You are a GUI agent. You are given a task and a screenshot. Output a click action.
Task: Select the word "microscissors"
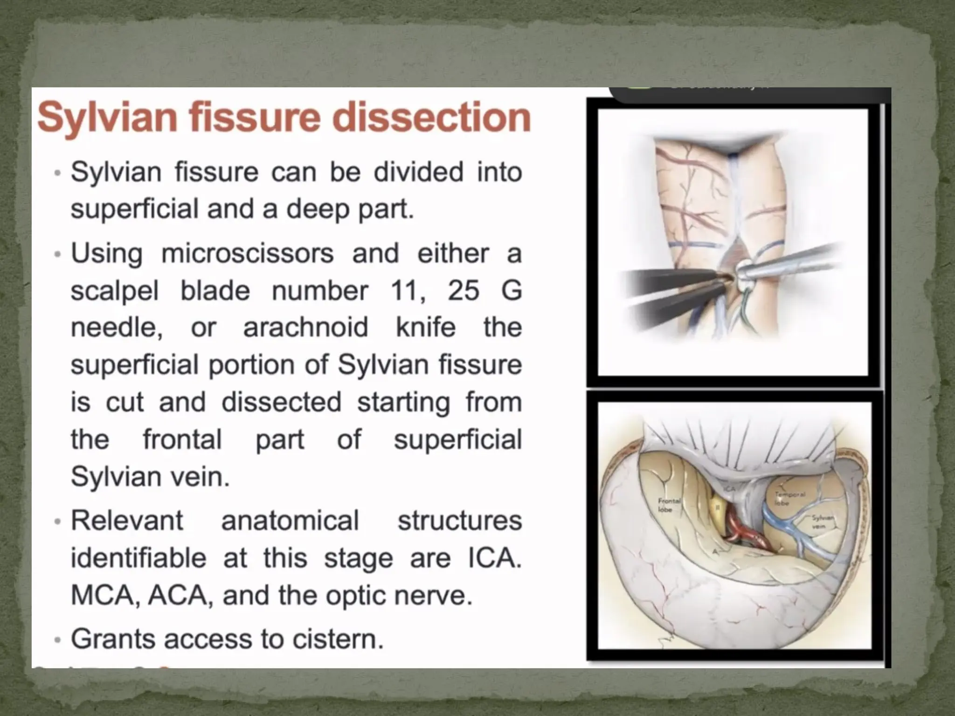pyautogui.click(x=248, y=254)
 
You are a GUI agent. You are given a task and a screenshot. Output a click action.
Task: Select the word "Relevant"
pyautogui.click(x=127, y=520)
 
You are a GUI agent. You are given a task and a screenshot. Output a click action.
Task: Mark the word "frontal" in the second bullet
pyautogui.click(x=182, y=439)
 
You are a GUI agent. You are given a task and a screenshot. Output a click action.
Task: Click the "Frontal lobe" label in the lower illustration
pyautogui.click(x=669, y=505)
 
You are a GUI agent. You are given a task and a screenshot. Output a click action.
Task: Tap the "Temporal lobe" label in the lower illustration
pyautogui.click(x=789, y=498)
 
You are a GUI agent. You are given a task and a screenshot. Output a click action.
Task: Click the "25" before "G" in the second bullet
pyautogui.click(x=464, y=290)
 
